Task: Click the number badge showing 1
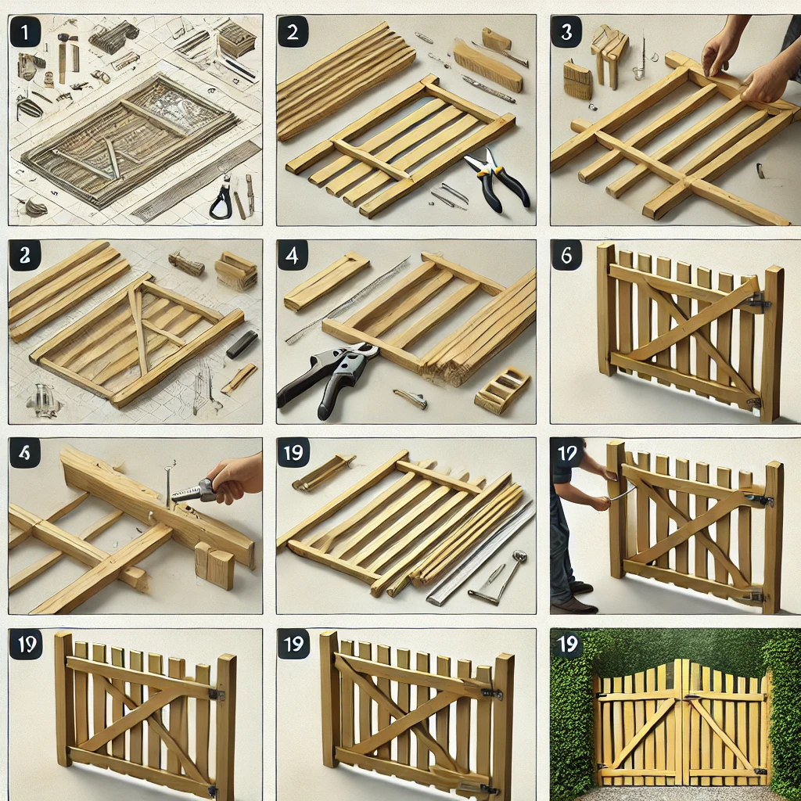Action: click(24, 34)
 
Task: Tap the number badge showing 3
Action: click(566, 34)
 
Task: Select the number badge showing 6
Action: click(566, 255)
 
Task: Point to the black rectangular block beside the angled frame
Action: click(242, 344)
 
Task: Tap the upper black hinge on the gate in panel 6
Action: click(757, 300)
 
